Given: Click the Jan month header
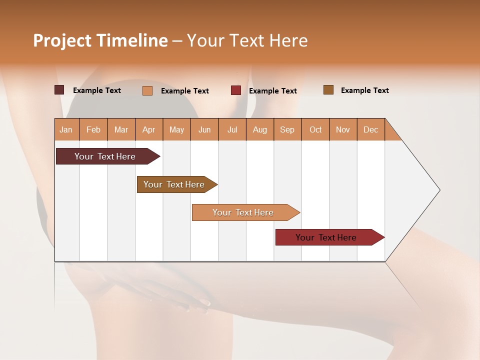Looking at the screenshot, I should (66, 129).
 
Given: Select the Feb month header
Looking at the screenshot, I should (93, 129).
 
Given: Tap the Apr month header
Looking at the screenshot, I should (148, 129).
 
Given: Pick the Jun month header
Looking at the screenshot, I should (204, 129).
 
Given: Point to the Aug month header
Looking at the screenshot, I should (259, 129).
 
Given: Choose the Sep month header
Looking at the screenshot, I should (287, 129).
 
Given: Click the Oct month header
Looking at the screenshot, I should (315, 129).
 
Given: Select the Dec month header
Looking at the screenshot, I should (370, 129).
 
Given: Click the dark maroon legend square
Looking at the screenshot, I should (59, 90).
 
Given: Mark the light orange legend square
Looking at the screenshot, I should (147, 90).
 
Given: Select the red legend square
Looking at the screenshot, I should (236, 90).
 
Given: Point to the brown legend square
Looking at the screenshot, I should (328, 90).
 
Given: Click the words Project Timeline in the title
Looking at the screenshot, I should (100, 40).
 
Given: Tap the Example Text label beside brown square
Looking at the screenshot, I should (364, 90).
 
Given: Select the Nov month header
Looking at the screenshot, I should (342, 129).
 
